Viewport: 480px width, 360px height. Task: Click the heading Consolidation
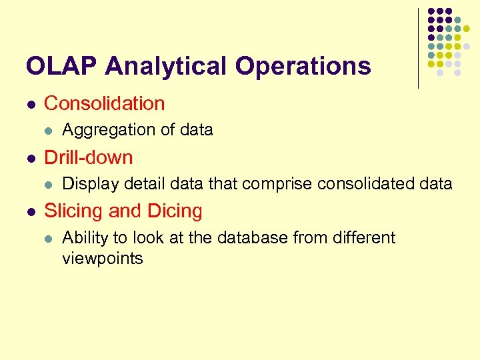104,104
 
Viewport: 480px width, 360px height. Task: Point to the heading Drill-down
88,158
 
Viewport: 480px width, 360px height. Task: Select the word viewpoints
103,259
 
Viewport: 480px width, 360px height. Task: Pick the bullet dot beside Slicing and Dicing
30,212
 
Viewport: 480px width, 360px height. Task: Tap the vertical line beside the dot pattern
418,48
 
